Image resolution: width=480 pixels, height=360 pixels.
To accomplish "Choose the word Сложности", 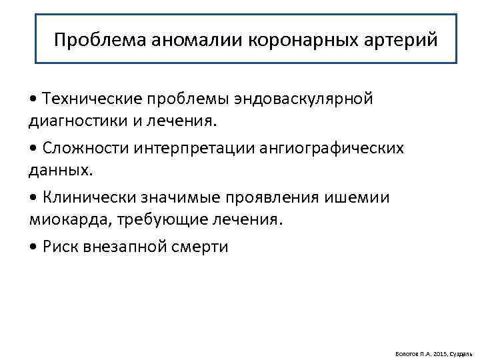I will pos(82,147).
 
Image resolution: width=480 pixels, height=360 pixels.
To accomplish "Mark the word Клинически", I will pos(88,197).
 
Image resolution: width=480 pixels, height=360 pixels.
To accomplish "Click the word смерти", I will pos(201,247).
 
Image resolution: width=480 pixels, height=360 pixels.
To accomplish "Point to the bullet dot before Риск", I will pos(33,247).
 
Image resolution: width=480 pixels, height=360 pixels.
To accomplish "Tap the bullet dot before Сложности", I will pos(33,147).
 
